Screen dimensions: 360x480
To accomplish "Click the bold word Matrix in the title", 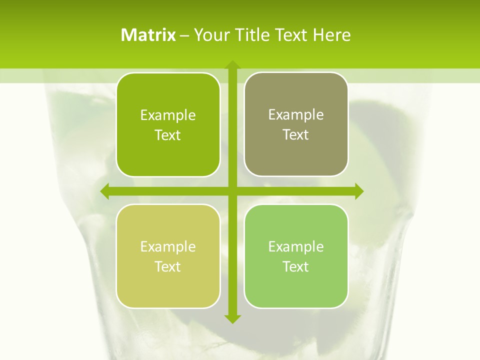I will pyautogui.click(x=148, y=35).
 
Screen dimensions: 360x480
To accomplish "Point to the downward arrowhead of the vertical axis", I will pyautogui.click(x=232, y=318).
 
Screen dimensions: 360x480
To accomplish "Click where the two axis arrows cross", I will pyautogui.click(x=232, y=191).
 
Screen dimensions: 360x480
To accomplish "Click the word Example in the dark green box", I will pyautogui.click(x=168, y=115).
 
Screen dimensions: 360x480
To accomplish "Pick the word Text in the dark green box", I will pyautogui.click(x=168, y=135).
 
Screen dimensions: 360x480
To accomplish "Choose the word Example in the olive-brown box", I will pyautogui.click(x=296, y=115).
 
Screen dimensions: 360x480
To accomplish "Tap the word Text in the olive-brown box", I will pyautogui.click(x=296, y=135).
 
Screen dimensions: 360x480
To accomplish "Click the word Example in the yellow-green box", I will pyautogui.click(x=168, y=247).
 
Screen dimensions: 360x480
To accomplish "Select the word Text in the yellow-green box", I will pyautogui.click(x=168, y=267).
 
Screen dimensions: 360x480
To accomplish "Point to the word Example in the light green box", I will pyautogui.click(x=296, y=247).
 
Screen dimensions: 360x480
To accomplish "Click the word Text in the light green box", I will pyautogui.click(x=296, y=267).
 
